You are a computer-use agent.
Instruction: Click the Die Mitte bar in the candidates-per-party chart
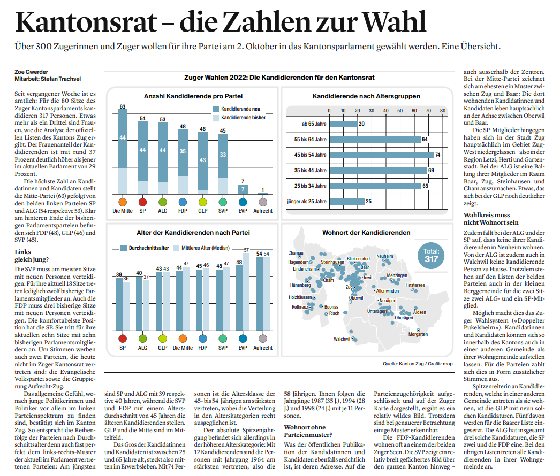click(x=123, y=152)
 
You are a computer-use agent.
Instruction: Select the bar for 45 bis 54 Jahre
click(x=382, y=155)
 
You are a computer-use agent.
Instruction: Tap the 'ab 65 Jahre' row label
click(x=314, y=124)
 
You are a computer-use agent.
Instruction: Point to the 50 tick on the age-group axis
click(x=400, y=111)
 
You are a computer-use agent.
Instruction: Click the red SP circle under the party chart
click(x=142, y=202)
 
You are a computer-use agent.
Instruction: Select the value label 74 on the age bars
click(x=437, y=155)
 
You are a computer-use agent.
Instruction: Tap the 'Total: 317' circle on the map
click(x=431, y=256)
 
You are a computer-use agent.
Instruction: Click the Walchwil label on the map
click(x=342, y=339)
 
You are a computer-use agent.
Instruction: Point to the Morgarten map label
click(x=418, y=334)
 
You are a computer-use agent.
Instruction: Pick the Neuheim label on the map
click(x=384, y=256)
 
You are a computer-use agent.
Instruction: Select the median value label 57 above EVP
click(x=246, y=250)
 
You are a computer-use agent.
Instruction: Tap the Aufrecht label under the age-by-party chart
click(x=263, y=348)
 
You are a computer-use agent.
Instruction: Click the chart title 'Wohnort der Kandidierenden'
click(x=366, y=233)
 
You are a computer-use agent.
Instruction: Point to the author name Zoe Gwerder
click(x=31, y=72)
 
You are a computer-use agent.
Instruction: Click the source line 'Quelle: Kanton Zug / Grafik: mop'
click(x=418, y=364)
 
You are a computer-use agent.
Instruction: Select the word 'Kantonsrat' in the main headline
click(x=86, y=22)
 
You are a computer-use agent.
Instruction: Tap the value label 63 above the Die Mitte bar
click(x=123, y=106)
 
